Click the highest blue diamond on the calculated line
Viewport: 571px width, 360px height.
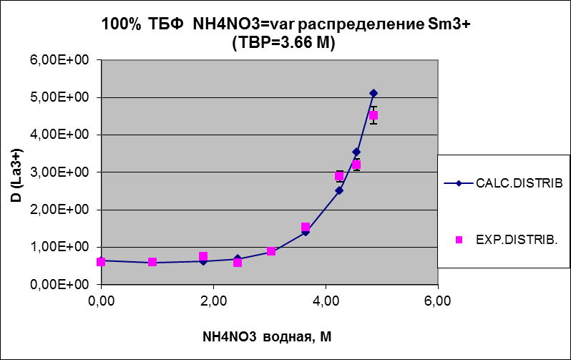[x=374, y=93]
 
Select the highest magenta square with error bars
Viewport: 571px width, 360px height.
[x=374, y=115]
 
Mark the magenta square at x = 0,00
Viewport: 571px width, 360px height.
[x=101, y=262]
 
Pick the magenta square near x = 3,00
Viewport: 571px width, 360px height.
[x=271, y=251]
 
